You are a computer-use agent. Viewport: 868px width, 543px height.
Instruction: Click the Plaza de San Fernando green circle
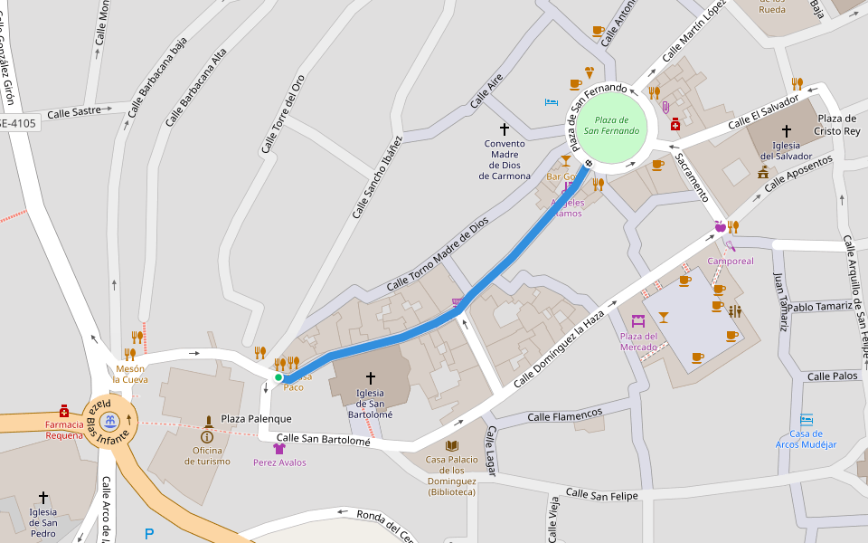click(611, 125)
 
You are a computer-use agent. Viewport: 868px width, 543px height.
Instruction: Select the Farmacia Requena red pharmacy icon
click(64, 410)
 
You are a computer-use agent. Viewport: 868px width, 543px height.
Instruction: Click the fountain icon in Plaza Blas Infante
click(109, 421)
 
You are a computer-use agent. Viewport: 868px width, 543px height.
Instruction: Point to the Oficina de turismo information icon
click(207, 436)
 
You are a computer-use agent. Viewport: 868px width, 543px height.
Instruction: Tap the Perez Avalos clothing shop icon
click(279, 448)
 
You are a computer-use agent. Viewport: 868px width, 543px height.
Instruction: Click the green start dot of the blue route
click(278, 377)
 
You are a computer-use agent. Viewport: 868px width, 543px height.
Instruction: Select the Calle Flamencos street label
click(564, 415)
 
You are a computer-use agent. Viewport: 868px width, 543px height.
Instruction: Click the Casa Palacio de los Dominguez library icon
click(451, 445)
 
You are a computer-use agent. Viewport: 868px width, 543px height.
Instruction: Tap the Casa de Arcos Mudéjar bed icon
click(807, 420)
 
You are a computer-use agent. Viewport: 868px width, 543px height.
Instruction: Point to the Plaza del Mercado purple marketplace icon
click(638, 320)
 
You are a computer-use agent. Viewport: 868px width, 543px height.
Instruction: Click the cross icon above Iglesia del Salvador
click(786, 130)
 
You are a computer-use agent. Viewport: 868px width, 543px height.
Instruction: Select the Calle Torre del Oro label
click(282, 113)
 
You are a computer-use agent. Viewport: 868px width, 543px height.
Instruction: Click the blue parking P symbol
click(149, 534)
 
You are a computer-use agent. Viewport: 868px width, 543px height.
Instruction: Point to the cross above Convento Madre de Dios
click(505, 129)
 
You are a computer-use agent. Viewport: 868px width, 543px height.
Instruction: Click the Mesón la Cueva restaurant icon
click(130, 354)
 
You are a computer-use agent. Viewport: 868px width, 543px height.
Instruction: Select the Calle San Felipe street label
click(601, 494)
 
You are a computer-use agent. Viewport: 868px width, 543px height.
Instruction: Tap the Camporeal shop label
click(731, 261)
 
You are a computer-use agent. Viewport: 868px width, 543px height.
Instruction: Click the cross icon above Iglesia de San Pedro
click(43, 497)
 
